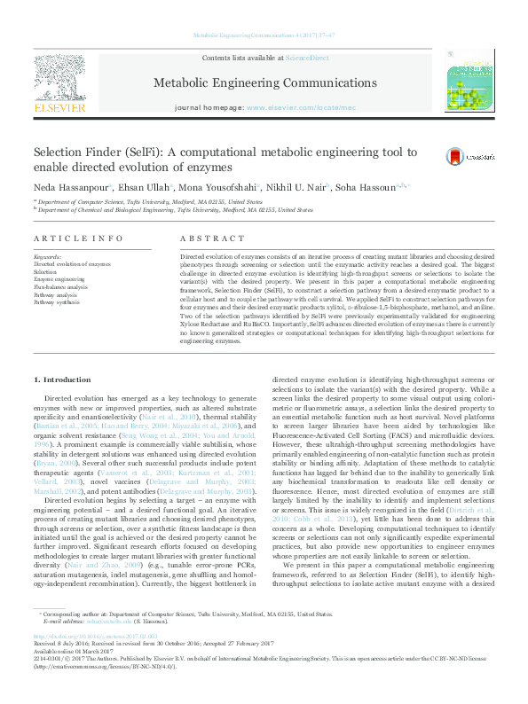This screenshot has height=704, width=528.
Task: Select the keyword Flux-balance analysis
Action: [x=60, y=287]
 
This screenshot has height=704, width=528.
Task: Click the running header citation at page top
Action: [x=264, y=35]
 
